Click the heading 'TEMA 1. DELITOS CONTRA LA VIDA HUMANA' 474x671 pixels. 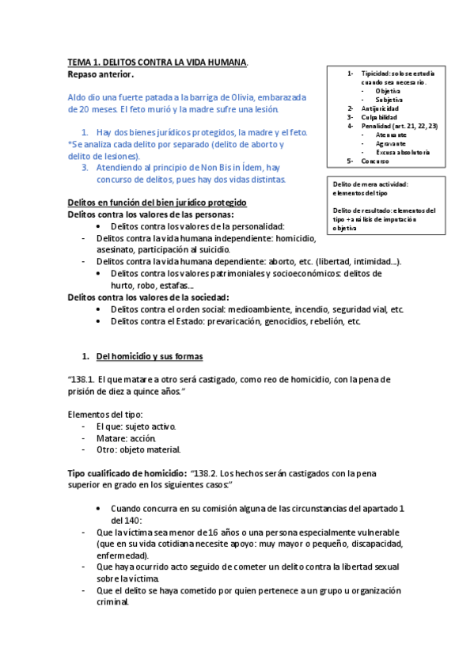tap(157, 62)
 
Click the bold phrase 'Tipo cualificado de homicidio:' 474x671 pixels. tap(126, 472)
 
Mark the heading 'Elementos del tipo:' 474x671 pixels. tap(104, 415)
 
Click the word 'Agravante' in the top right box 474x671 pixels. tap(392, 143)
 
